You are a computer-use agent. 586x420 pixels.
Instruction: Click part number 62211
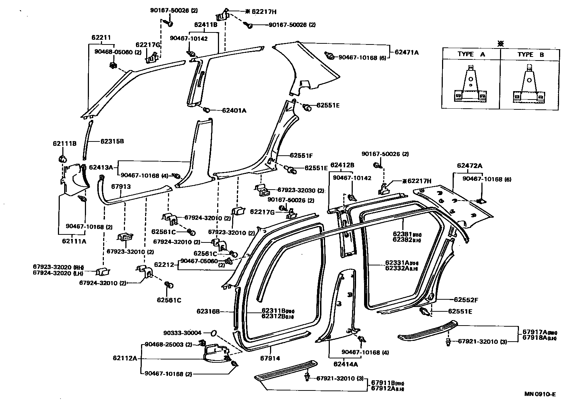(101, 38)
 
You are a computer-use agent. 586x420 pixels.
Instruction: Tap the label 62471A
(406, 52)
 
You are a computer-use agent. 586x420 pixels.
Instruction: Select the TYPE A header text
(471, 54)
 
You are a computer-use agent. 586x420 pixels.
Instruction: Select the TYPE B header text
(530, 54)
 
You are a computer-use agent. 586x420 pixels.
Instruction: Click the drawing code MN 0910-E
(540, 394)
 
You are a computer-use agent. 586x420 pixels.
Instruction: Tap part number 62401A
(234, 110)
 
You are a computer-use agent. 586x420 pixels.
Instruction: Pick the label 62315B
(112, 141)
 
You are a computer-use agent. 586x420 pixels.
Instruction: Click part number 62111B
(65, 144)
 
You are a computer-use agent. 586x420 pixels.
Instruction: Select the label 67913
(121, 187)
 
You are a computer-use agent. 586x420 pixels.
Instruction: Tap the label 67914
(270, 358)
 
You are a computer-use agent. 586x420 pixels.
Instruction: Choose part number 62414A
(345, 364)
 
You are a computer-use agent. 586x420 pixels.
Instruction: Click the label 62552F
(465, 300)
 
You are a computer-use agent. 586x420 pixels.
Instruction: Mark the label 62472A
(469, 166)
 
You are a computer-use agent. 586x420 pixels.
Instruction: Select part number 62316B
(208, 311)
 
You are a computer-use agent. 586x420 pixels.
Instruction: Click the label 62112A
(125, 358)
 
